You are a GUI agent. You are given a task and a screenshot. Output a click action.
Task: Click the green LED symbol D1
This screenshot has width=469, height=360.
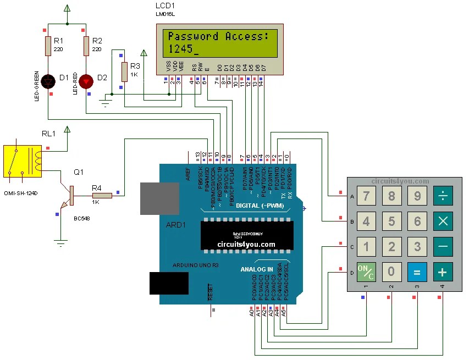tap(49, 81)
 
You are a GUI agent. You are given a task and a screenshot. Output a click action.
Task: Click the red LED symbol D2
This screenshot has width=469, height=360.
tap(86, 81)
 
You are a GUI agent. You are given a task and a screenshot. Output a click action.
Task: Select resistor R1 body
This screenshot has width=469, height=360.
tap(48, 46)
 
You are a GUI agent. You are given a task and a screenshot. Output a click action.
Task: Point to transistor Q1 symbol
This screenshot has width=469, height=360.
tap(70, 196)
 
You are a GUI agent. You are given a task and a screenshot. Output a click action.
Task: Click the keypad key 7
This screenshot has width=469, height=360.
tap(367, 196)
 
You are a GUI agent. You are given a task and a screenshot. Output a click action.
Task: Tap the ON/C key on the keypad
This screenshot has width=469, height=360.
tap(366, 272)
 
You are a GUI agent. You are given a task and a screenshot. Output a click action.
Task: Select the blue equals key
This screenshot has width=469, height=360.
tap(417, 272)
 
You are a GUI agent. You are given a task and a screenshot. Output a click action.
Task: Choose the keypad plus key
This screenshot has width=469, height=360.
tap(443, 272)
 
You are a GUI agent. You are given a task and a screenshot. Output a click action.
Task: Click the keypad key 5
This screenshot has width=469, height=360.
tap(391, 221)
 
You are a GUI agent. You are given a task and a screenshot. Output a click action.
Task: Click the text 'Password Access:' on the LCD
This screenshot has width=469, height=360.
tap(218, 37)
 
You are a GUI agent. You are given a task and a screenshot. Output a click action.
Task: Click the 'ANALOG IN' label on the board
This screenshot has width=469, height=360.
tap(257, 269)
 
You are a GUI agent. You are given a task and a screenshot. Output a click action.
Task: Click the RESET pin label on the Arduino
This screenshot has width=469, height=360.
tap(210, 292)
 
